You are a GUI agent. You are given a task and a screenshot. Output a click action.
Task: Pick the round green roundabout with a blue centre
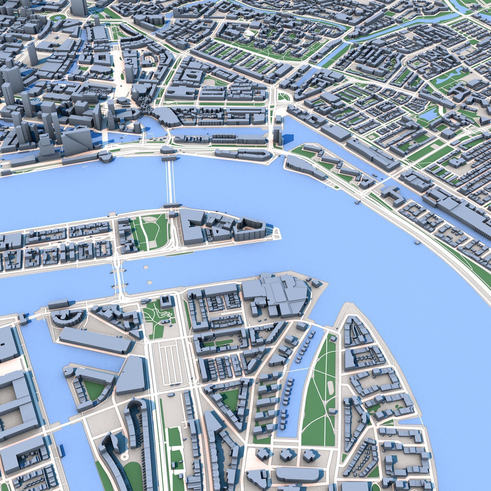point(57,17)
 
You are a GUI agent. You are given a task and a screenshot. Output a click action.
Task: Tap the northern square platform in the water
point(146,267)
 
